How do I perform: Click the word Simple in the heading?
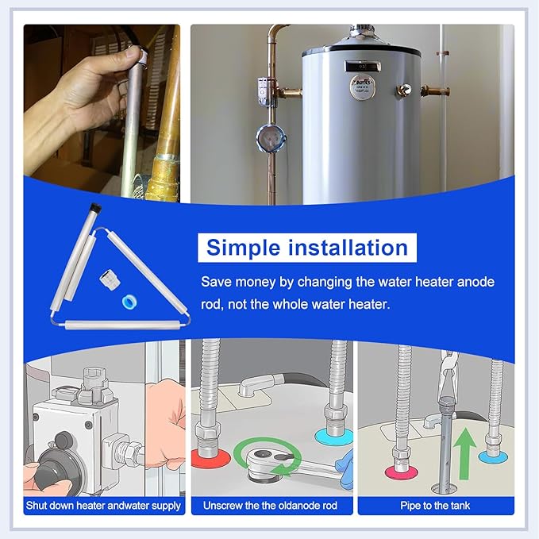[244, 248]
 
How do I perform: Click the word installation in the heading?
[348, 248]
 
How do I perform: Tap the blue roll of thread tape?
[130, 302]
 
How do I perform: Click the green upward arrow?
[464, 453]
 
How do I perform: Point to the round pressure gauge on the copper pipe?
[271, 138]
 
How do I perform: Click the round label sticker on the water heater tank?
[362, 87]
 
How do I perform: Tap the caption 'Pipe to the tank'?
[435, 506]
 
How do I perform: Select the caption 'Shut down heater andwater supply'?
[103, 506]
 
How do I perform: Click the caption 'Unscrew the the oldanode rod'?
[270, 506]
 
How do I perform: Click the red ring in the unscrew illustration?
[210, 458]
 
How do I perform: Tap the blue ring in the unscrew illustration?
[333, 436]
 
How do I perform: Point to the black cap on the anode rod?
[94, 208]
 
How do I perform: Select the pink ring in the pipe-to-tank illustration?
[401, 472]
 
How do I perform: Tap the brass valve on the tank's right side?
[404, 90]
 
